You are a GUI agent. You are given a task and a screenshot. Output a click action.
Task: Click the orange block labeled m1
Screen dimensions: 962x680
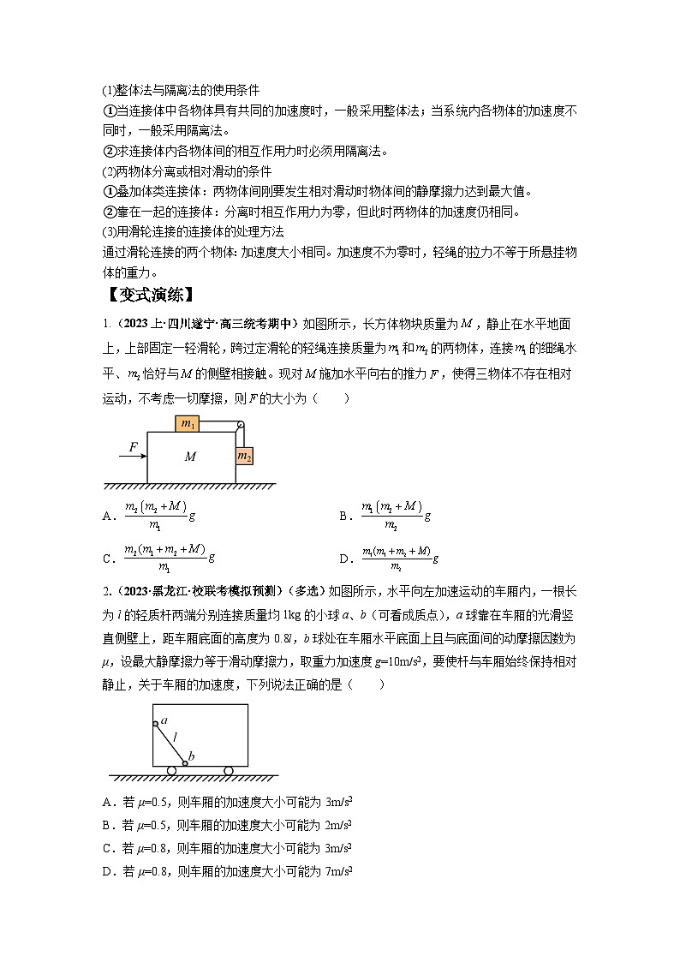tap(188, 423)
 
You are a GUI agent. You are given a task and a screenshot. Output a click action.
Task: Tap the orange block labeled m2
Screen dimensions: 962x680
tap(244, 456)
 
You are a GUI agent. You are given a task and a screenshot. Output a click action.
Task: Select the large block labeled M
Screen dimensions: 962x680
tap(191, 457)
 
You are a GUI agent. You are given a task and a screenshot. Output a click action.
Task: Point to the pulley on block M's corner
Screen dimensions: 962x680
tap(241, 425)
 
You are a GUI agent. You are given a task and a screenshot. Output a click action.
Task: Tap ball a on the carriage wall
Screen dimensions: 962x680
tap(156, 724)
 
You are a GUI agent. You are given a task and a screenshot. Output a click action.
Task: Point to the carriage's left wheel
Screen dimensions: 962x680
tap(171, 771)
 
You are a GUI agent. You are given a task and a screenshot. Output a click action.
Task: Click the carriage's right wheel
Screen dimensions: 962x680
tap(229, 771)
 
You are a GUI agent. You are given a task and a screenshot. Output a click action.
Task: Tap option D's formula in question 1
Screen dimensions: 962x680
tap(401, 558)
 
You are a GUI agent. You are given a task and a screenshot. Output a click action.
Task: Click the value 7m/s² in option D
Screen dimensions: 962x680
tap(339, 871)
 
